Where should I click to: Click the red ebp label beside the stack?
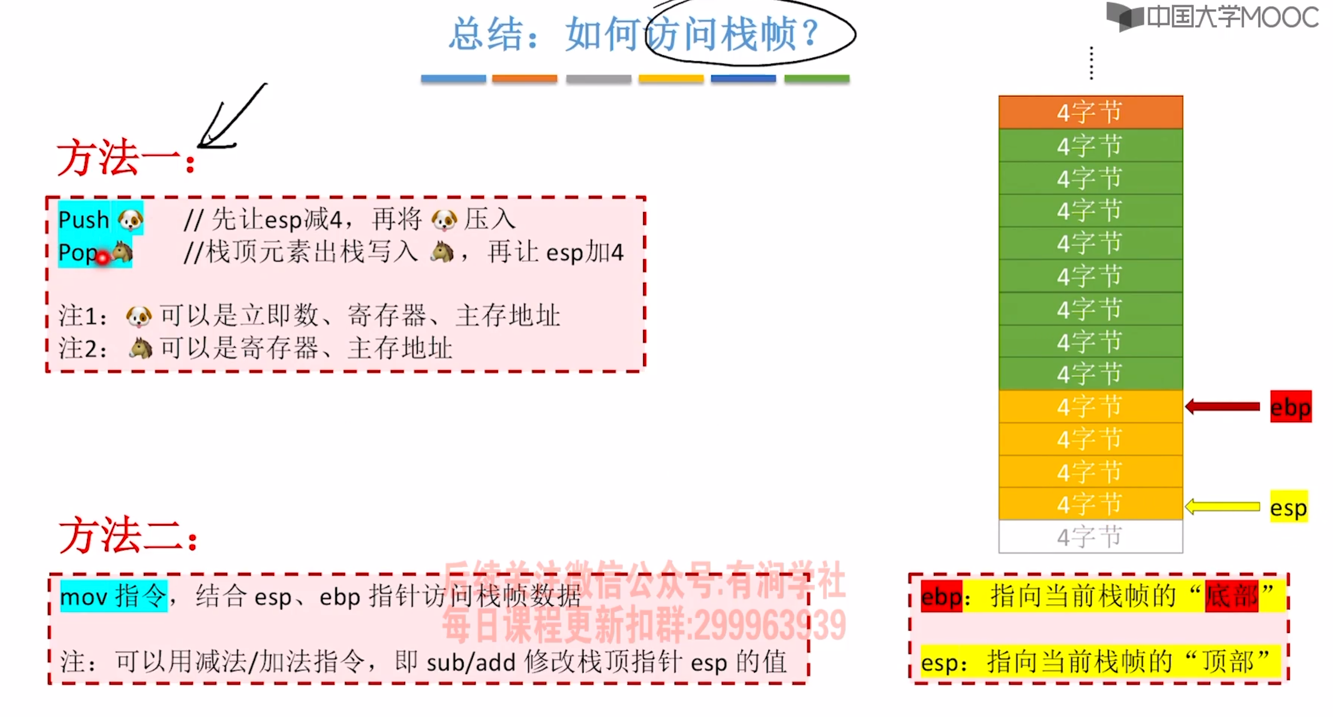pos(1290,407)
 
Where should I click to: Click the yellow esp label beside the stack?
pos(1288,507)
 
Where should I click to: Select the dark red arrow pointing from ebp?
pos(1222,407)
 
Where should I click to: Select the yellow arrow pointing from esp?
pos(1222,506)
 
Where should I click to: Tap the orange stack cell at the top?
pos(1090,112)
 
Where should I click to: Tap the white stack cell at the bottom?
pos(1090,536)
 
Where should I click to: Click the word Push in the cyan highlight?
pos(83,220)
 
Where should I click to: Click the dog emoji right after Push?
pos(130,220)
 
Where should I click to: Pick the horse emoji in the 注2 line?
pos(140,348)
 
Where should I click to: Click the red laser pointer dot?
pos(103,257)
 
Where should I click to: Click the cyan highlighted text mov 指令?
pos(114,597)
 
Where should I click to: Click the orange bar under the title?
pos(524,79)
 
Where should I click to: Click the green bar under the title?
pos(817,79)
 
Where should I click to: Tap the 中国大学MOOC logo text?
pos(1232,17)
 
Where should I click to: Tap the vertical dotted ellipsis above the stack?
pos(1091,63)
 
